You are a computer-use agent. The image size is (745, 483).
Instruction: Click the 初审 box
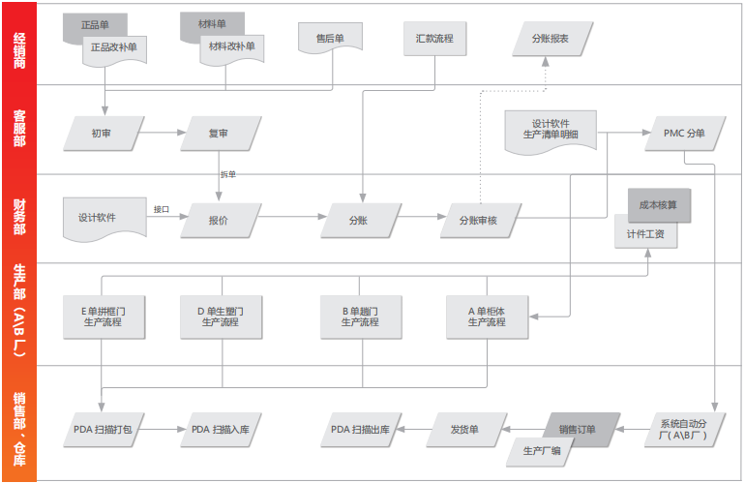tap(102, 134)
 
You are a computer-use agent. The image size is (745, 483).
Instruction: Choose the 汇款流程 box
tap(433, 38)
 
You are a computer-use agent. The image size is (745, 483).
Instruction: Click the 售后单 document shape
tap(330, 39)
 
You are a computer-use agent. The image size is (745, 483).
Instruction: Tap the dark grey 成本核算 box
tap(659, 204)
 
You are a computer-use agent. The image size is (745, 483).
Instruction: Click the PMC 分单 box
tap(684, 134)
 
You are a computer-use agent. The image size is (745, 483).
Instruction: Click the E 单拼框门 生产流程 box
tap(102, 317)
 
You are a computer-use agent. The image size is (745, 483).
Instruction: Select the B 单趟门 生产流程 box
tap(359, 317)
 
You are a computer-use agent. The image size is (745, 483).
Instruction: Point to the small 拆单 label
tap(227, 174)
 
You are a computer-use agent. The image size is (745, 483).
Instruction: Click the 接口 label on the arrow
tap(162, 209)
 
